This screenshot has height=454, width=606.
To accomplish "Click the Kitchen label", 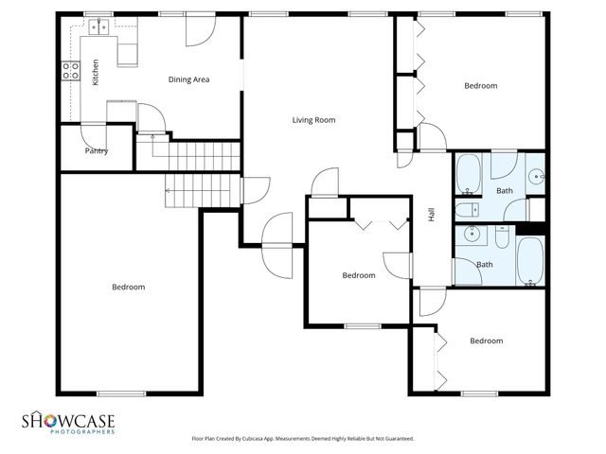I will click(95, 73).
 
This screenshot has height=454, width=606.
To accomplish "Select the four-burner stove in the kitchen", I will click(69, 68).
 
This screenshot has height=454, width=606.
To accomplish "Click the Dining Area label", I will click(188, 79).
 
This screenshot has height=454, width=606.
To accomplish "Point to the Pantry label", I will click(96, 150).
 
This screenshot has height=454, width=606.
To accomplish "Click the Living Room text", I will click(313, 120).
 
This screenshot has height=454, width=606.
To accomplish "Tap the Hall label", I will click(432, 215).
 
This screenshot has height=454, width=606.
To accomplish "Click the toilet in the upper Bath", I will click(467, 209).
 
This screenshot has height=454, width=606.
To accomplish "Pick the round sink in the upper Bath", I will click(536, 176).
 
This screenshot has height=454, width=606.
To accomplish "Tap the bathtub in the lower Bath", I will click(530, 260).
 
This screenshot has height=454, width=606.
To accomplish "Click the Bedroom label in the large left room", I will click(128, 288).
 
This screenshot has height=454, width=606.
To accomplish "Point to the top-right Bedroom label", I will click(480, 86).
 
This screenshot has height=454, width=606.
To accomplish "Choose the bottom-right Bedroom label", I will click(486, 340).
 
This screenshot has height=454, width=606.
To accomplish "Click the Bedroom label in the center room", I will click(359, 275).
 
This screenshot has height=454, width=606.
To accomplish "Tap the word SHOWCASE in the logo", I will click(69, 419).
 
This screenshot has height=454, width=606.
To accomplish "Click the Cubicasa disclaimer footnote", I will click(302, 439).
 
